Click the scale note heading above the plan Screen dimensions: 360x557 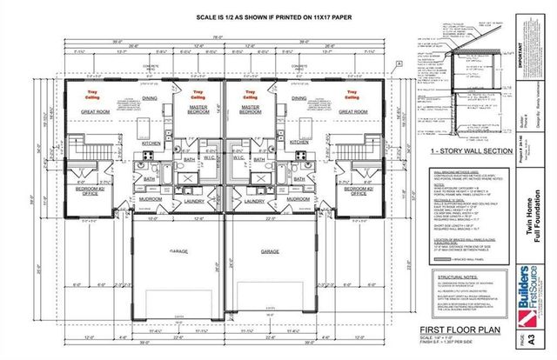pos(221,17)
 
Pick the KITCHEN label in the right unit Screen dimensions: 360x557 pos(300,141)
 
